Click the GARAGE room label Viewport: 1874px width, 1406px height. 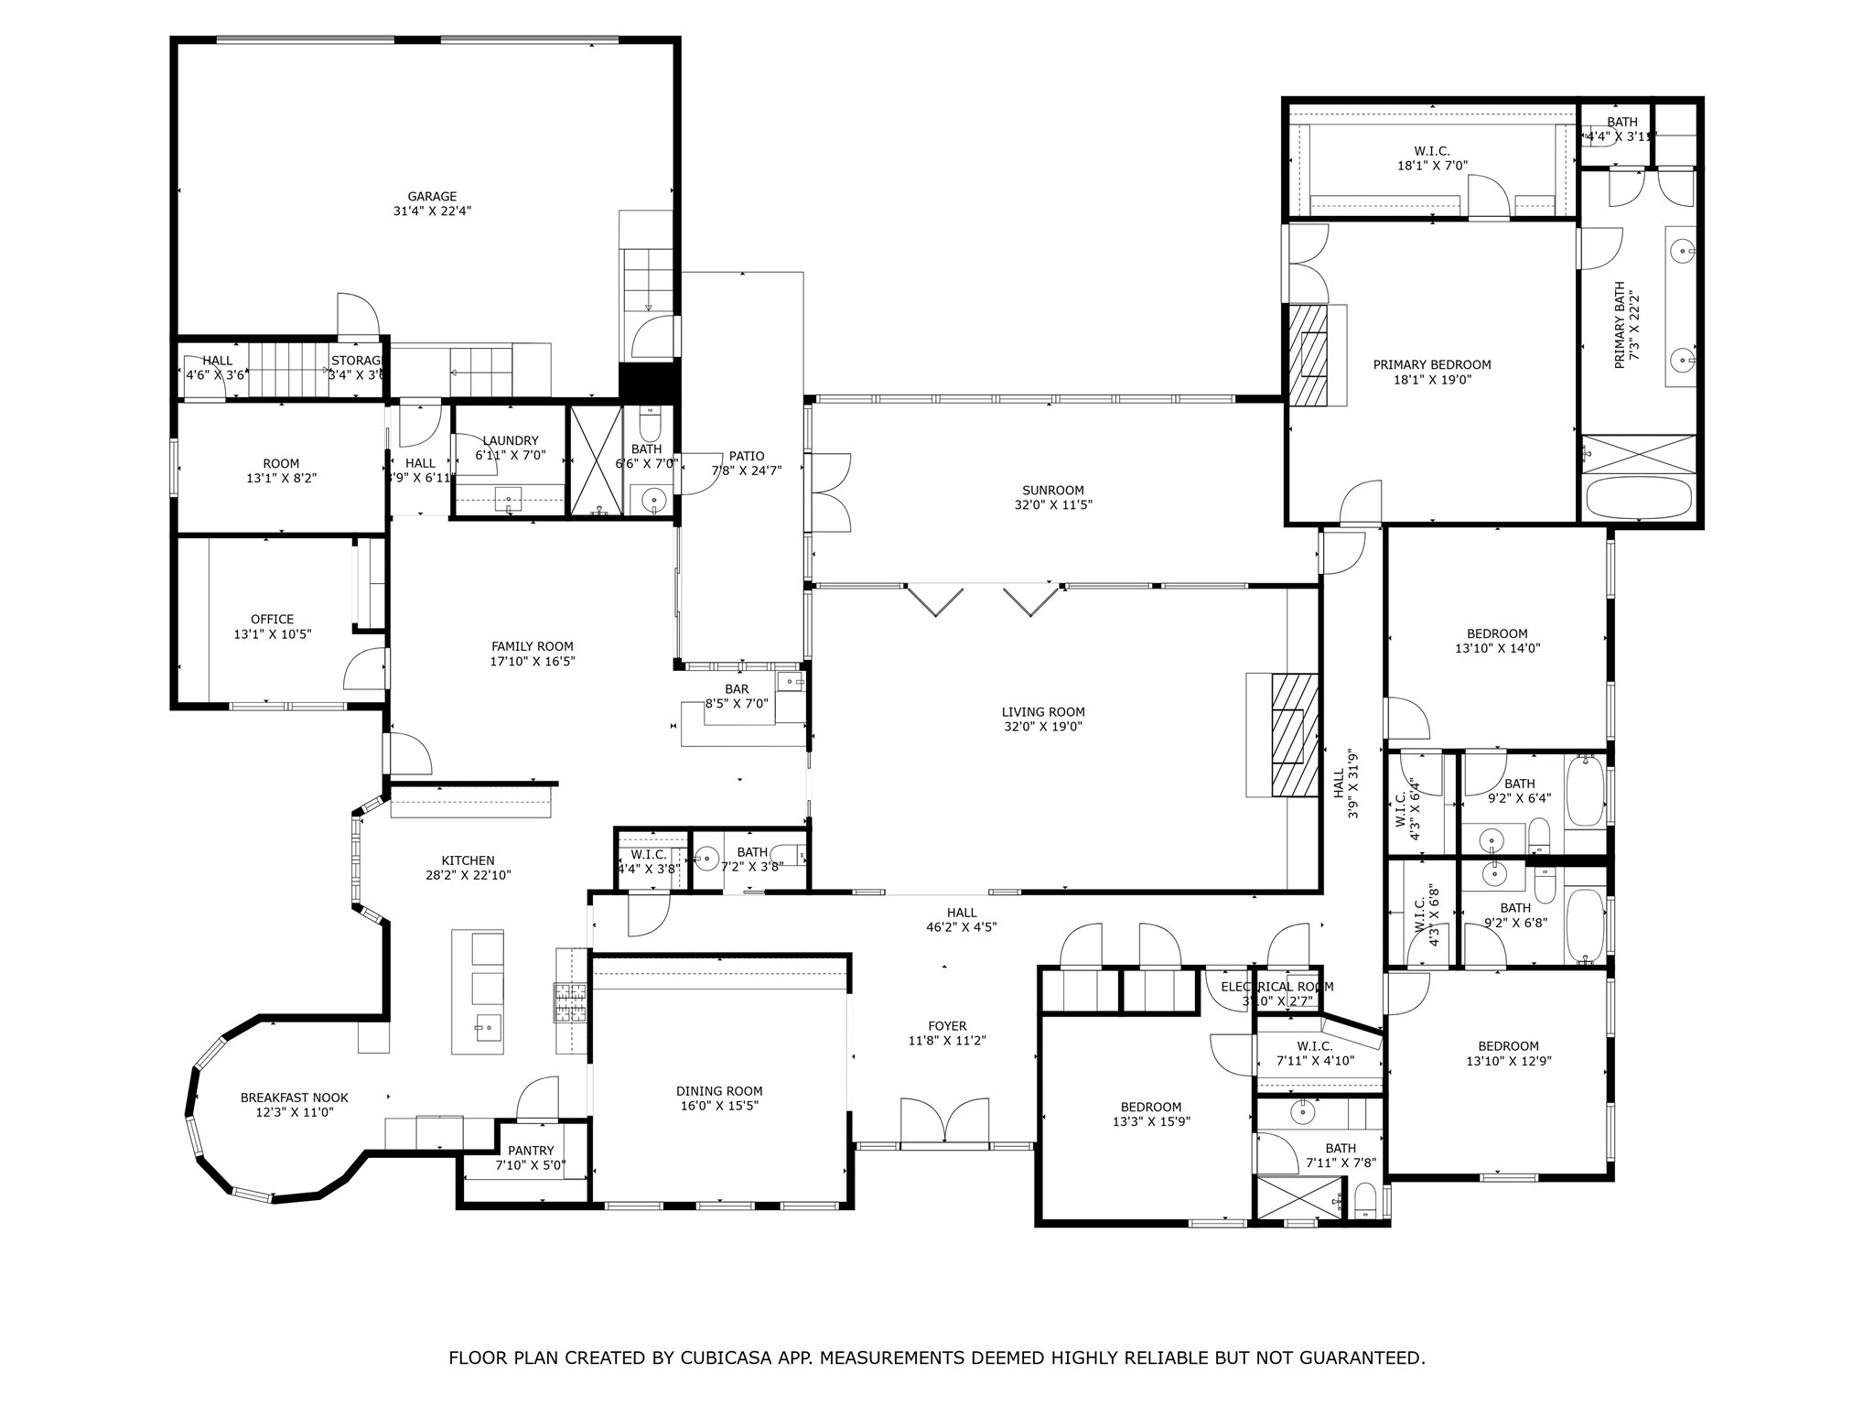[432, 196]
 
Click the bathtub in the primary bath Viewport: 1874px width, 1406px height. [1639, 498]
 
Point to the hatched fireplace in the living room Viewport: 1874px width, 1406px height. [1294, 735]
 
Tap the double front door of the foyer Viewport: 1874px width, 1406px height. [945, 1122]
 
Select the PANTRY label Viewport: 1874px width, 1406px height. [531, 1151]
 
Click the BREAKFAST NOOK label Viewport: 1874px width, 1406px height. [294, 1098]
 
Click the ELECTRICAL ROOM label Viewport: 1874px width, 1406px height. [1276, 987]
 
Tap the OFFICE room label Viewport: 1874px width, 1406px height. [272, 619]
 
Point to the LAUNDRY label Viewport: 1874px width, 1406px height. [510, 440]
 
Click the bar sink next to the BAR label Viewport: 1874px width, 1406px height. [790, 682]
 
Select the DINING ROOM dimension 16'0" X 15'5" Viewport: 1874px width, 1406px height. [719, 1106]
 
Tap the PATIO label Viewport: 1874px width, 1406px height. [747, 456]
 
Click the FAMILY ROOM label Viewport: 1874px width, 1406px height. [532, 646]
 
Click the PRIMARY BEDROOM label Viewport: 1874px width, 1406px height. [1431, 364]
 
